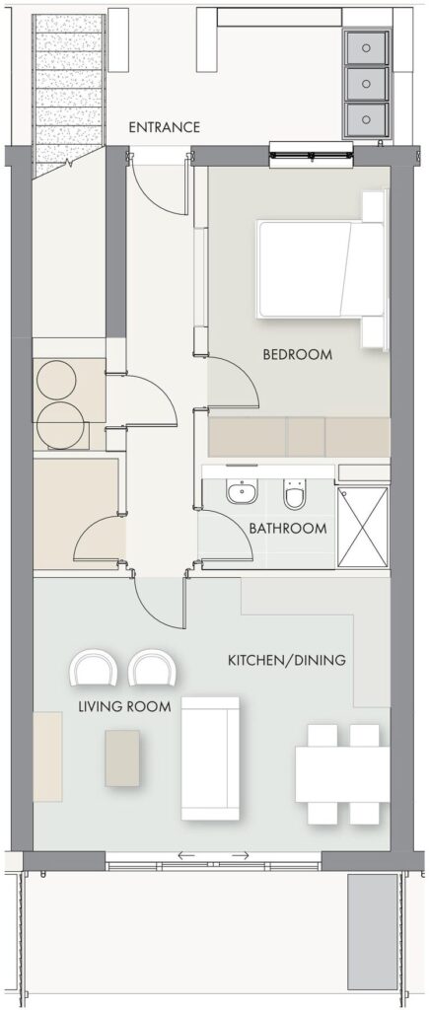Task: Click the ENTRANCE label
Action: (164, 127)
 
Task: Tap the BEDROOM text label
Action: (298, 354)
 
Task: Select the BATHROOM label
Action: (288, 529)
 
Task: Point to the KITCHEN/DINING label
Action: (287, 660)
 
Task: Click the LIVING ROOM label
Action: (125, 706)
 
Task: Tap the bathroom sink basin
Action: (242, 493)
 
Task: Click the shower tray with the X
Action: (362, 527)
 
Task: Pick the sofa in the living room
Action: (210, 758)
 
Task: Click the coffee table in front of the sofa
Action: (122, 758)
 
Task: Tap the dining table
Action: (342, 774)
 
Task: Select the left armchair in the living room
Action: (94, 668)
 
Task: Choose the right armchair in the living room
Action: (153, 668)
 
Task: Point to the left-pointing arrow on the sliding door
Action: (186, 855)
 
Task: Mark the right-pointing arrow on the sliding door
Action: (240, 855)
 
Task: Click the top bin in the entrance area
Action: (366, 47)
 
